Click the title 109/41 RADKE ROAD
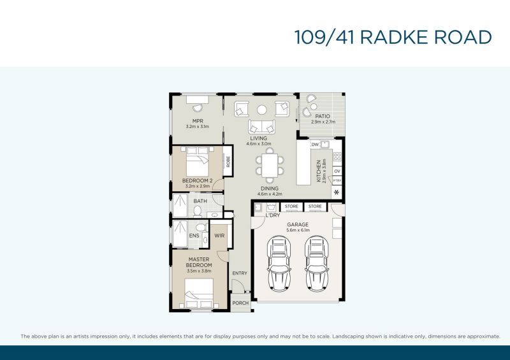(x=393, y=37)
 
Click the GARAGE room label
(x=298, y=225)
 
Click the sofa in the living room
(x=261, y=126)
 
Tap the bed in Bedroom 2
(x=197, y=162)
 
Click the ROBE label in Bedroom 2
(x=228, y=162)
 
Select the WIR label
(x=219, y=236)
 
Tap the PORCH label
(x=240, y=303)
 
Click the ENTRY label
(x=240, y=273)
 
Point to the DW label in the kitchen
(x=315, y=145)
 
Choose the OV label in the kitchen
(x=337, y=171)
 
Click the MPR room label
(x=198, y=121)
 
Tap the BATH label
(x=200, y=201)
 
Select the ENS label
(x=194, y=236)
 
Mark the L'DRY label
(x=273, y=215)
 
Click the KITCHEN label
(x=319, y=171)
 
